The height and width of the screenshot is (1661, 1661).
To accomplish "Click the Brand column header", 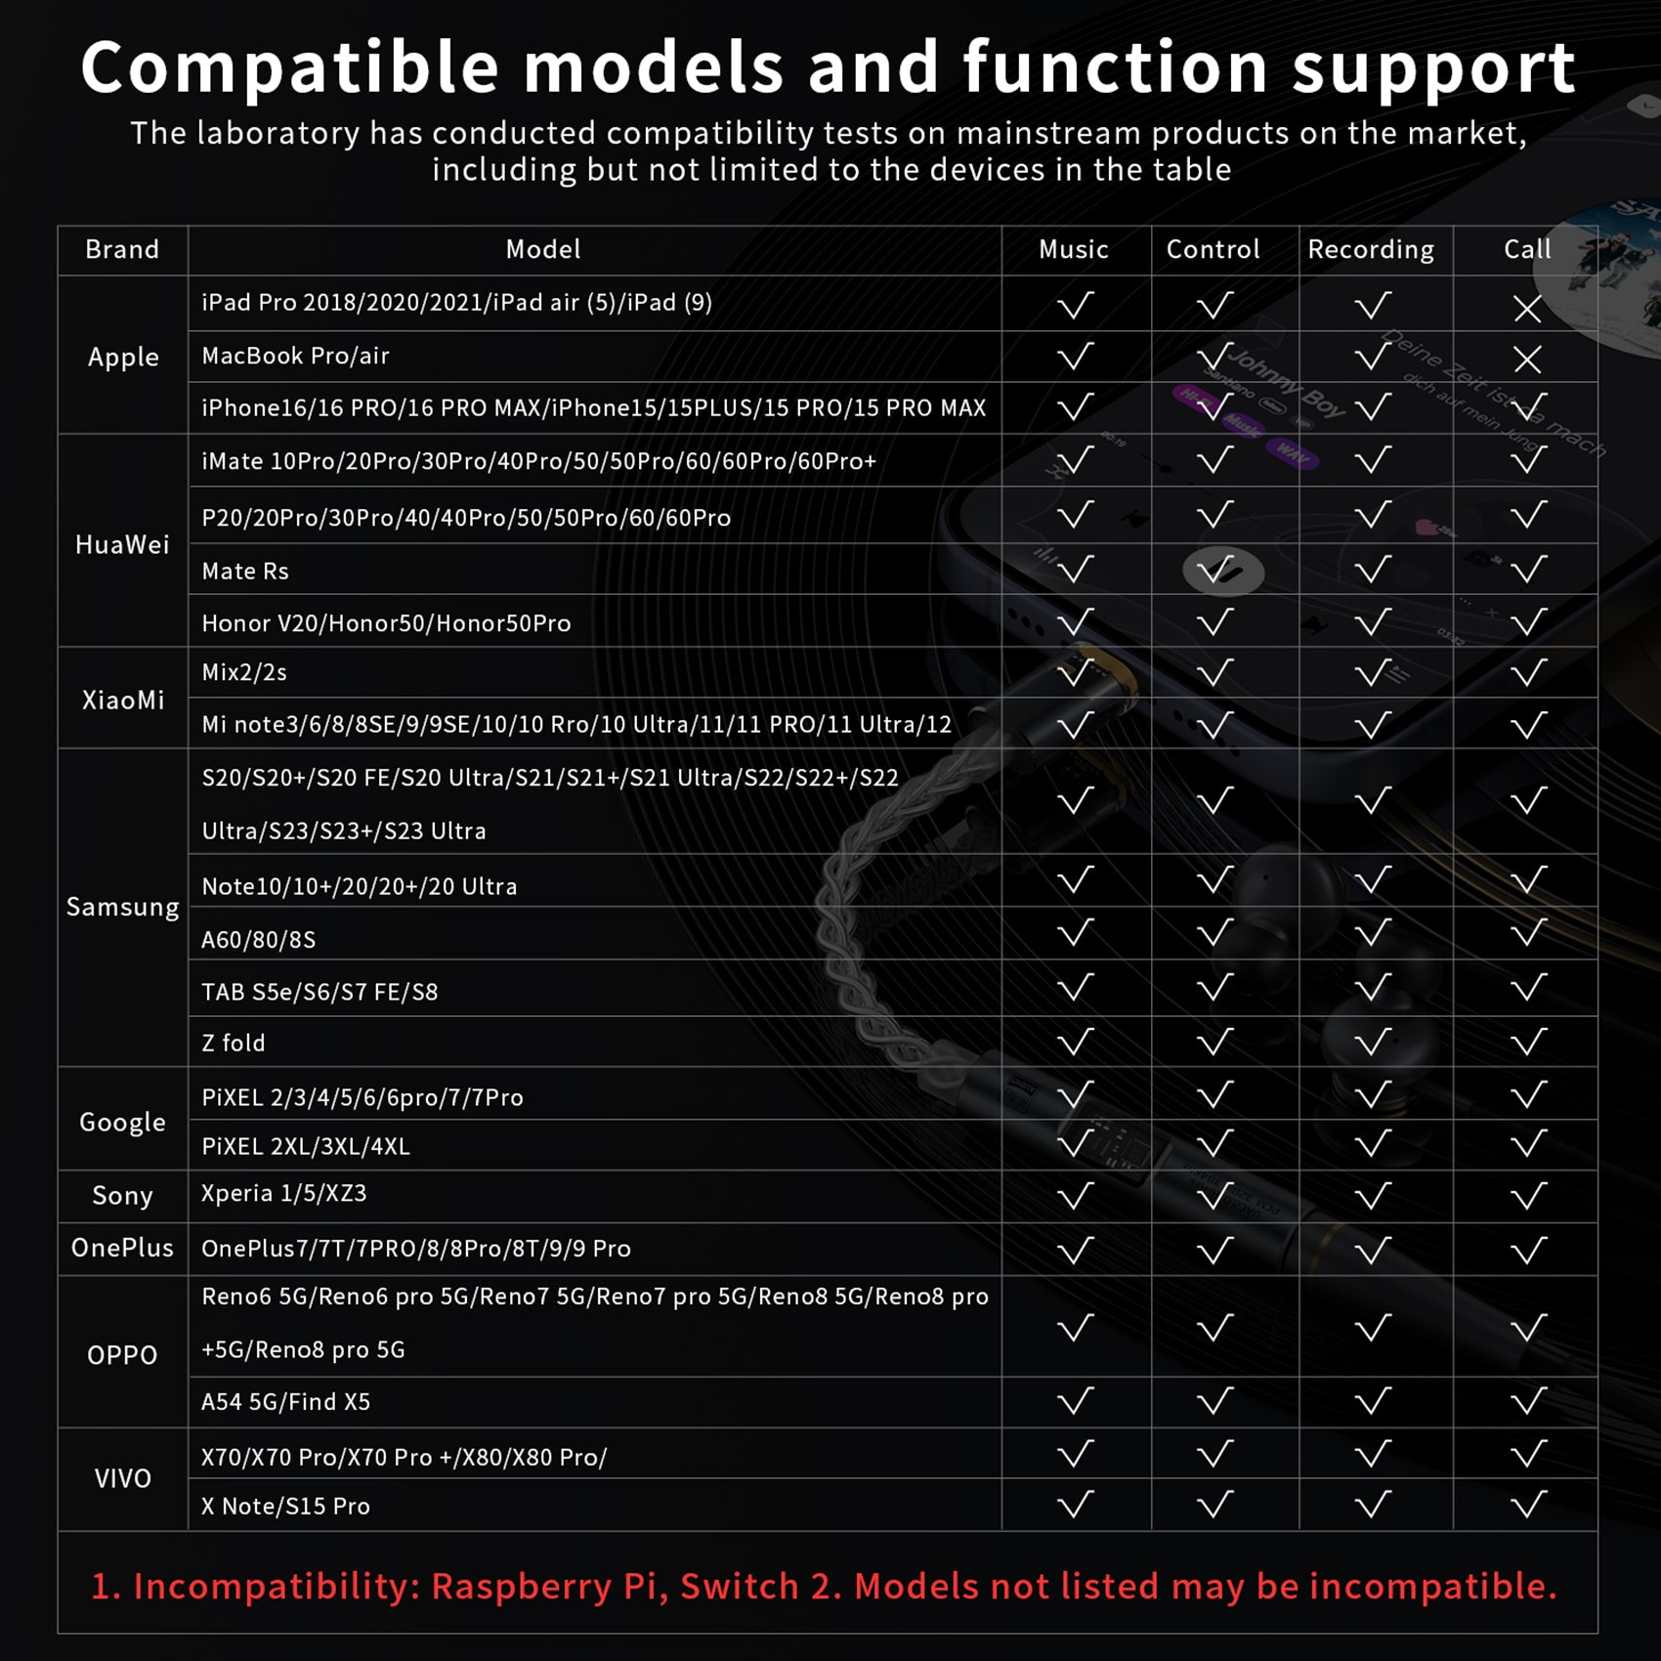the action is click(x=122, y=249).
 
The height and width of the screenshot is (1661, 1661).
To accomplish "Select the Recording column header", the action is click(x=1371, y=250).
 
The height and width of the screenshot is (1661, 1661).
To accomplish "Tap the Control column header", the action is click(x=1214, y=249).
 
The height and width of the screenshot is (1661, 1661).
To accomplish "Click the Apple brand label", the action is click(x=123, y=358).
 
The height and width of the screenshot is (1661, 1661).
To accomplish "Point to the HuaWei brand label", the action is click(x=122, y=544).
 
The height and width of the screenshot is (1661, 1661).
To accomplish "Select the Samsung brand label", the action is click(x=123, y=908).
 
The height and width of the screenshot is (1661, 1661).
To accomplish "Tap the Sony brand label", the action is click(x=122, y=1196).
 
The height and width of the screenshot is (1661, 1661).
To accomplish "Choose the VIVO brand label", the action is click(x=123, y=1478).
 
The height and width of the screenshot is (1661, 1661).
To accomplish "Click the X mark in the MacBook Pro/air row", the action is click(x=1527, y=360).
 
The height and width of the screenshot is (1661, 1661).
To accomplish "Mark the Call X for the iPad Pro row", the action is click(x=1527, y=309).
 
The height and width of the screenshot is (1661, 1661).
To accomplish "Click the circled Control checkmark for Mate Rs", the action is click(x=1223, y=572).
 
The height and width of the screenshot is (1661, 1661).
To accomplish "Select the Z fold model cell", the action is click(x=234, y=1043).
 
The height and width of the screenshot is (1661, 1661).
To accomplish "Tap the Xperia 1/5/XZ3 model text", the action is click(x=283, y=1193).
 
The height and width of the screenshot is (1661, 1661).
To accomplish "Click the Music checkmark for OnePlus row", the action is click(x=1075, y=1250).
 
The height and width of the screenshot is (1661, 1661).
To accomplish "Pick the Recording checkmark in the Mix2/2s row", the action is click(x=1373, y=672).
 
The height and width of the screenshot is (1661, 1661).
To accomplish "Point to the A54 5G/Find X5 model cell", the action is click(x=285, y=1402).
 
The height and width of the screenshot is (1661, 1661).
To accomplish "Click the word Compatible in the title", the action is click(x=290, y=68).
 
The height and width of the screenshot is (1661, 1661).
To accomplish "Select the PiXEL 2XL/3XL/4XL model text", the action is click(x=306, y=1146).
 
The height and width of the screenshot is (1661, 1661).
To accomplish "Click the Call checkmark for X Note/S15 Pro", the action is click(x=1528, y=1505).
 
